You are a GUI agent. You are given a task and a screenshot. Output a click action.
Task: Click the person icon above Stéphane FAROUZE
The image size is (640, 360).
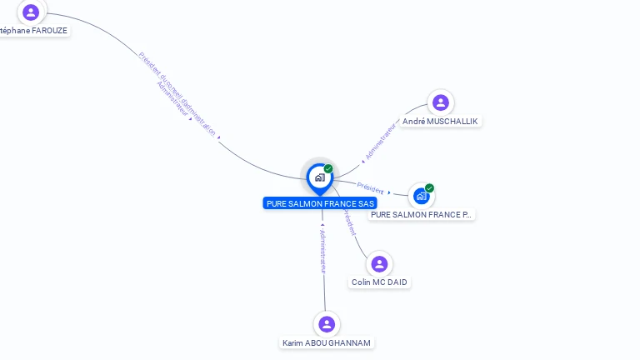31,12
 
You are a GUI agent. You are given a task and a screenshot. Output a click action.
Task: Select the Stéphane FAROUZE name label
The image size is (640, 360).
33,31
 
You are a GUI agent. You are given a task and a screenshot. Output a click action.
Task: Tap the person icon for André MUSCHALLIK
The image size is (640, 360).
441,102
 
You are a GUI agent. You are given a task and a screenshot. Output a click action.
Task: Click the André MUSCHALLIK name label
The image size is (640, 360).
440,121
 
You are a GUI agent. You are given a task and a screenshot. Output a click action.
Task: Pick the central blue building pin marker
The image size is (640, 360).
319,177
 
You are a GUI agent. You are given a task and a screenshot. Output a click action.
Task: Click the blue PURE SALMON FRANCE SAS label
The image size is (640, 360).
320,203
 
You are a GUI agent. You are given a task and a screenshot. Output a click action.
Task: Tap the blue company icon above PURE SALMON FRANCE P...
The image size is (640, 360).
421,196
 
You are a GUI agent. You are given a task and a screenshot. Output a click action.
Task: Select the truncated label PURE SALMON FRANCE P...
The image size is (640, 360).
421,214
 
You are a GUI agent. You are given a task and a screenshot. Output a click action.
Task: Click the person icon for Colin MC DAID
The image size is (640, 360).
379,264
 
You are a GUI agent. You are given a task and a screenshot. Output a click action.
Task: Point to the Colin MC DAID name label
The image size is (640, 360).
379,282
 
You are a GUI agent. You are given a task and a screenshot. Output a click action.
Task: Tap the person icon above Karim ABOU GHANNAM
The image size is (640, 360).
327,324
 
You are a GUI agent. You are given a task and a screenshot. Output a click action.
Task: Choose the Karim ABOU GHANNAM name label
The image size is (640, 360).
327,342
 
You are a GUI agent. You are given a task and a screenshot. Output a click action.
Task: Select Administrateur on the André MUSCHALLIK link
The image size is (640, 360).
379,141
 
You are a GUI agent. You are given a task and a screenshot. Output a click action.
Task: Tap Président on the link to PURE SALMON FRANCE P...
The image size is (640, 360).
370,187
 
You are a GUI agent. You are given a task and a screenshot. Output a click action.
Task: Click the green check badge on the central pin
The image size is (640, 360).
328,169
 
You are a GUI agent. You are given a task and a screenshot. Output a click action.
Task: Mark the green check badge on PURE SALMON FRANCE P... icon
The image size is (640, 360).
429,188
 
